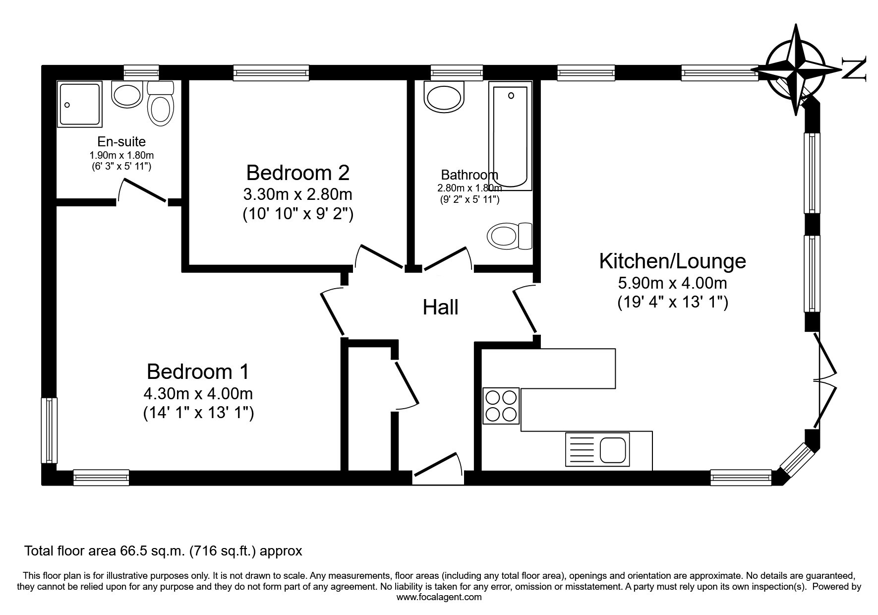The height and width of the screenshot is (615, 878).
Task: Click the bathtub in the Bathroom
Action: click(510, 136)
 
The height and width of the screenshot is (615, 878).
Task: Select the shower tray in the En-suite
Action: click(79, 104)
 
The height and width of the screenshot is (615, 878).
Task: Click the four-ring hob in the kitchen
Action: click(501, 406)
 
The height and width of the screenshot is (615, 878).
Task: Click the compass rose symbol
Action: click(796, 69)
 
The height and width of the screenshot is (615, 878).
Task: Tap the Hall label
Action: click(440, 307)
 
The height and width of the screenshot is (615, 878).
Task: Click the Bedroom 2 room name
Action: click(297, 173)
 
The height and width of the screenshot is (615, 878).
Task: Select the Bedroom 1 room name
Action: click(198, 371)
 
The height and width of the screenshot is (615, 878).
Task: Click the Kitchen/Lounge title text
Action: click(672, 261)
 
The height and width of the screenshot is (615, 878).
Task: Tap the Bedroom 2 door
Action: click(380, 256)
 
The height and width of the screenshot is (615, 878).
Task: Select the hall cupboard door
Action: click(407, 384)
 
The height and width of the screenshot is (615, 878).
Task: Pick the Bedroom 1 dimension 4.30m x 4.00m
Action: click(198, 394)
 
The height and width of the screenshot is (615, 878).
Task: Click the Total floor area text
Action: click(163, 551)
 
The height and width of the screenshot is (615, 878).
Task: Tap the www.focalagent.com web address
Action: click(439, 597)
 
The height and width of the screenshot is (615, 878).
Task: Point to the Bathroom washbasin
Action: click(445, 96)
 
